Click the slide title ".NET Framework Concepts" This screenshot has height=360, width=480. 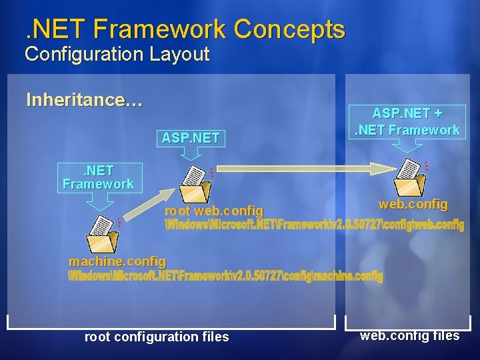click(181, 29)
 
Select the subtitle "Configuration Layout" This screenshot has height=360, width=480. click(117, 54)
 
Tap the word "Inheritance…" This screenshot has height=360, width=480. click(84, 100)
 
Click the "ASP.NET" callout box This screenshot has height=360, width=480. click(191, 138)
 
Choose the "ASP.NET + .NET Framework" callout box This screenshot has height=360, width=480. click(407, 122)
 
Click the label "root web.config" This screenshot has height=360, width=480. click(213, 211)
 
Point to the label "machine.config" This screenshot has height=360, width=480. click(117, 262)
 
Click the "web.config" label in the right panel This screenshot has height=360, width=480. click(413, 204)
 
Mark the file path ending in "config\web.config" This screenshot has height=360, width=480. click(314, 225)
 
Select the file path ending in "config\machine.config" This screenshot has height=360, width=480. click(226, 275)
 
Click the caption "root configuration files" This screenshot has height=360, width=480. click(157, 337)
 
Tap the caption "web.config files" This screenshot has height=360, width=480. click(409, 335)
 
